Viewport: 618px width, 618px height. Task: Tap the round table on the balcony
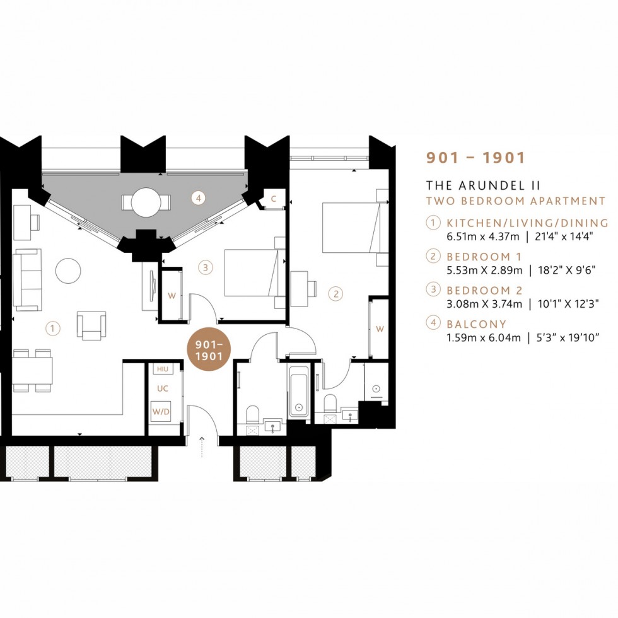[146, 202]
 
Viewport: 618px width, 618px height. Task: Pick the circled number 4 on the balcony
[199, 198]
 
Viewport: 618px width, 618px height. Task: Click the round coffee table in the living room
[68, 272]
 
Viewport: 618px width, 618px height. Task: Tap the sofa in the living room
[26, 279]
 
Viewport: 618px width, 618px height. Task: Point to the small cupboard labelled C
[273, 199]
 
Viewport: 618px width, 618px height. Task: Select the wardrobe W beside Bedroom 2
[172, 294]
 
